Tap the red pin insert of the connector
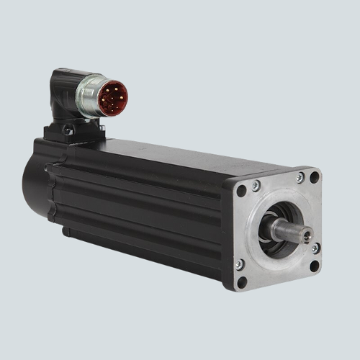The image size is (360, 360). pos(113,98)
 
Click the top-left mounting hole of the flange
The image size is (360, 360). pos(241,191)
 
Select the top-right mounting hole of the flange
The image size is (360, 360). pos(314,177)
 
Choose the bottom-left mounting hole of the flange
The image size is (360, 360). pos(242,282)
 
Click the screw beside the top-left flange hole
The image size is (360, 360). pos(256,186)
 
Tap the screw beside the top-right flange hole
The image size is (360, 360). pos(300,178)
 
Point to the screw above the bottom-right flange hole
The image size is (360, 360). pos(315,248)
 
